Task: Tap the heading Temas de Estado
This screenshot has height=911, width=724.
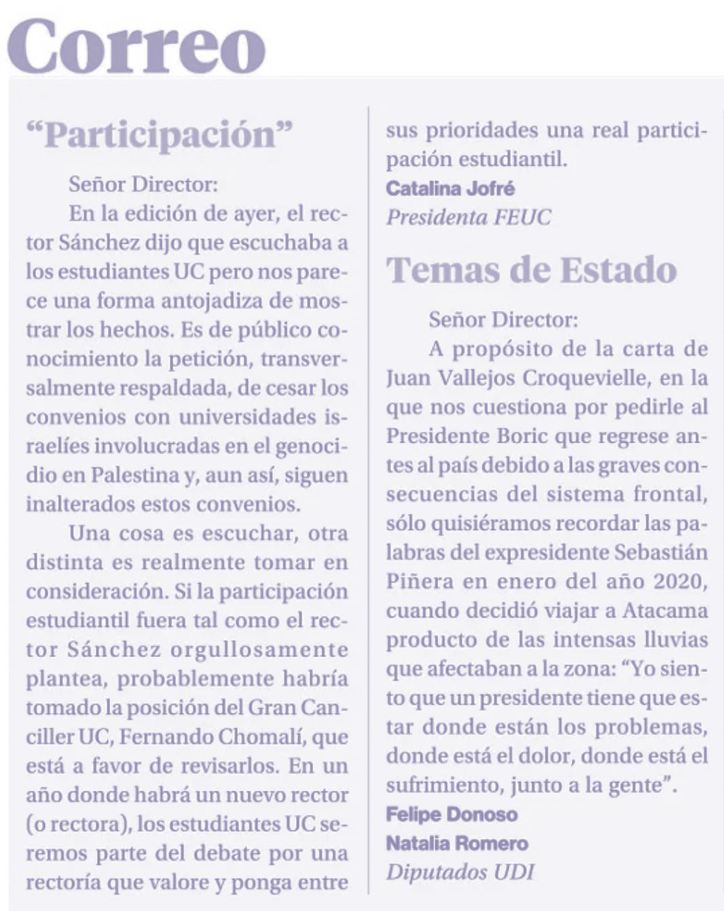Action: click(x=532, y=269)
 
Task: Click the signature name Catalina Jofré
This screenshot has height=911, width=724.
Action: click(x=450, y=188)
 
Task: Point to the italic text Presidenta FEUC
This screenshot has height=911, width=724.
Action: click(x=469, y=217)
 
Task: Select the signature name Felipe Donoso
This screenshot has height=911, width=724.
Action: click(x=452, y=814)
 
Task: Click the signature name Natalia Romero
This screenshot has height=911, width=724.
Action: click(x=457, y=843)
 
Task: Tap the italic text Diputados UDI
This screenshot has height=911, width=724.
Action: click(x=460, y=872)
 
